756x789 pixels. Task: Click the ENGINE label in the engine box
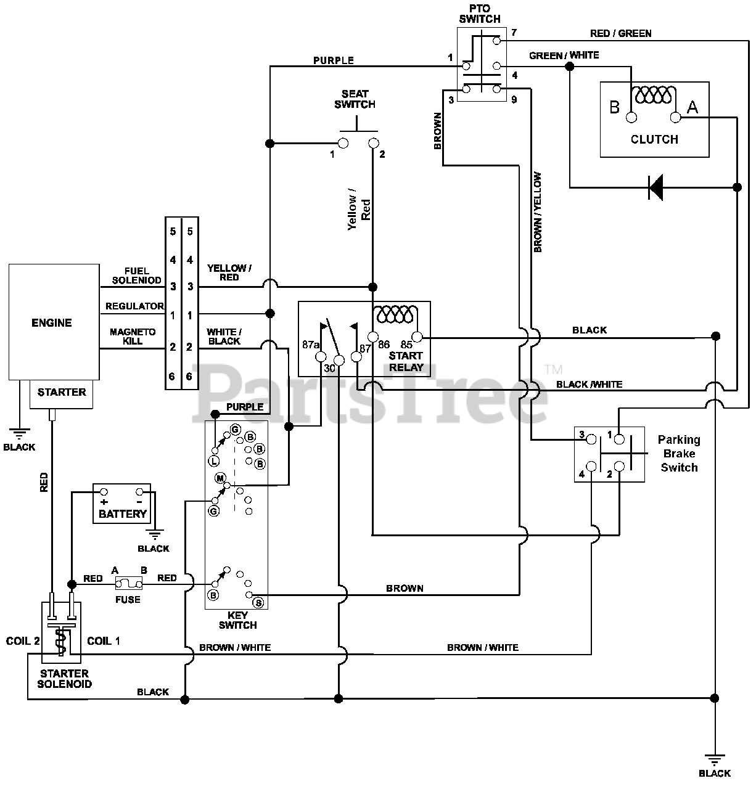click(x=52, y=323)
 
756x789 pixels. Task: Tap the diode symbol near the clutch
click(x=655, y=187)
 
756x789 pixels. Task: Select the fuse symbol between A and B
click(x=128, y=584)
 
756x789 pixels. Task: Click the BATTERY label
click(x=123, y=514)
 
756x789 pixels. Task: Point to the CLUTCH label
click(x=654, y=139)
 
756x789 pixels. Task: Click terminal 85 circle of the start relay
click(x=417, y=337)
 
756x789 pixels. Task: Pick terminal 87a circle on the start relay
click(x=321, y=357)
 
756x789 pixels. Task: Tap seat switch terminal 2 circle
click(x=374, y=143)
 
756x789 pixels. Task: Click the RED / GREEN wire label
click(x=620, y=34)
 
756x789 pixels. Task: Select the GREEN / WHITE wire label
click(x=564, y=55)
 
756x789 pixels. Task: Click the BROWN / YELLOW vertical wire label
click(x=537, y=212)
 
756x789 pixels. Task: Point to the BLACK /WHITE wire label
click(x=589, y=384)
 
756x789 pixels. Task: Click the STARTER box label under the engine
click(x=62, y=392)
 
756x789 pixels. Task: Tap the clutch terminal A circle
click(x=675, y=118)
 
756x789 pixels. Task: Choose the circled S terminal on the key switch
click(x=259, y=602)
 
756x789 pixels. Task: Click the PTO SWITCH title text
click(x=480, y=14)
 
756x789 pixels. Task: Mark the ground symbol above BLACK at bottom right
click(x=715, y=759)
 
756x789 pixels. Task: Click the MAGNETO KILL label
click(x=133, y=337)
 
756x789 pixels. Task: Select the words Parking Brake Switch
click(x=679, y=453)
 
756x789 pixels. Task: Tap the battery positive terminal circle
click(x=104, y=492)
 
